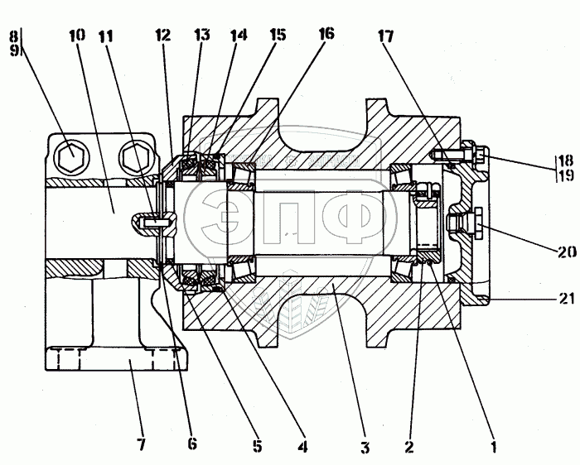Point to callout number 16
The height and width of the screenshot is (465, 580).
pyautogui.click(x=326, y=35)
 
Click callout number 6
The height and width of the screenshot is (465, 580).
pyautogui.click(x=192, y=443)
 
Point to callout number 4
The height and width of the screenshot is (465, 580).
pyautogui.click(x=303, y=447)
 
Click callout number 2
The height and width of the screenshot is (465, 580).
pyautogui.click(x=408, y=448)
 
